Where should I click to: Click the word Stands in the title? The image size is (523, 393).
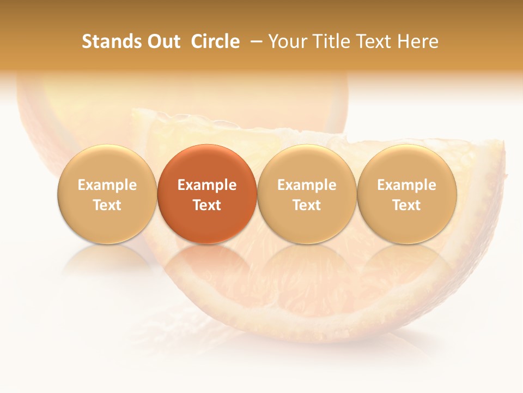coord(111,41)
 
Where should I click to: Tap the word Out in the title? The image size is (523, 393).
coord(163,41)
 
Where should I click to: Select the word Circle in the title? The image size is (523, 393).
coord(215,41)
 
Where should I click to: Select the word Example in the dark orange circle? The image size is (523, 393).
coord(207,185)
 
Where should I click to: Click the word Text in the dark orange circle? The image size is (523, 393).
coord(207,205)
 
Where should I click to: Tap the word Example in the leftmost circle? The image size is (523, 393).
coord(107,185)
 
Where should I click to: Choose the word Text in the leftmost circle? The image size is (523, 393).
coord(107,205)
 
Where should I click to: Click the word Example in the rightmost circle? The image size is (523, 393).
coord(406,185)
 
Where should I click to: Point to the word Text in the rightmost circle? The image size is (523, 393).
coord(406,205)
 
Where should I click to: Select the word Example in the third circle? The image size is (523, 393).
coord(307,185)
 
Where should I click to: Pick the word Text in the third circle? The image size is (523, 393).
coord(307,205)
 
